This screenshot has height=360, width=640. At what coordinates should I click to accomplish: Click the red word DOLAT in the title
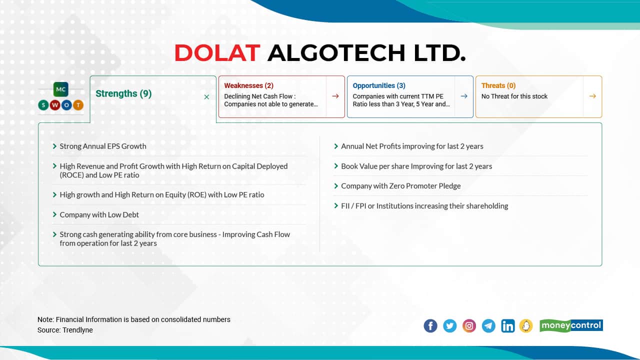(x=217, y=53)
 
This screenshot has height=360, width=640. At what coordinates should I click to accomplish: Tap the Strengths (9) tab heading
(x=123, y=93)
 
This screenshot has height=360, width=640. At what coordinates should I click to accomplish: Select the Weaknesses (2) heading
(x=248, y=85)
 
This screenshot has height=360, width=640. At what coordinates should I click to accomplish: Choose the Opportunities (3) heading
(x=379, y=85)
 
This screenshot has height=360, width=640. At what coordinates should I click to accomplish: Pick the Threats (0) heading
(x=498, y=85)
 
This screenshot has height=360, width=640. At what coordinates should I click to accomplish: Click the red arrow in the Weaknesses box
(x=335, y=96)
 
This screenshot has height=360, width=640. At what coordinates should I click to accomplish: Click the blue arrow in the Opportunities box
(x=464, y=96)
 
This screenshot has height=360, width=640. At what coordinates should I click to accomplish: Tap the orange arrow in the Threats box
(x=592, y=96)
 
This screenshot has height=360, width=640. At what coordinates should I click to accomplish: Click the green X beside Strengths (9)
(x=206, y=97)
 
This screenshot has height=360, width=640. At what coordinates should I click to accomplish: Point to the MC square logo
(x=60, y=89)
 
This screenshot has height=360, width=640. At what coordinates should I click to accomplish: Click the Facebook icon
(x=430, y=326)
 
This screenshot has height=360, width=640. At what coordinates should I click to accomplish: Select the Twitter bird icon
(x=449, y=326)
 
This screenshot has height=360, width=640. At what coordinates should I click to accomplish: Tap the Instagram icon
(x=469, y=326)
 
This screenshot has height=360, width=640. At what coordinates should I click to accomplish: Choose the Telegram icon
(x=488, y=326)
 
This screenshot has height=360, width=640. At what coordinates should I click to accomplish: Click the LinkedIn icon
(x=507, y=326)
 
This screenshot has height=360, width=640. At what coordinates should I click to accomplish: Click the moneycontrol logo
(x=571, y=325)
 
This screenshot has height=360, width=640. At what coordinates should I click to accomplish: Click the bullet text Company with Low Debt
(x=99, y=214)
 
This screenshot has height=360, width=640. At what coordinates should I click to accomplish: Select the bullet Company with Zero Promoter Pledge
(x=400, y=186)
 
